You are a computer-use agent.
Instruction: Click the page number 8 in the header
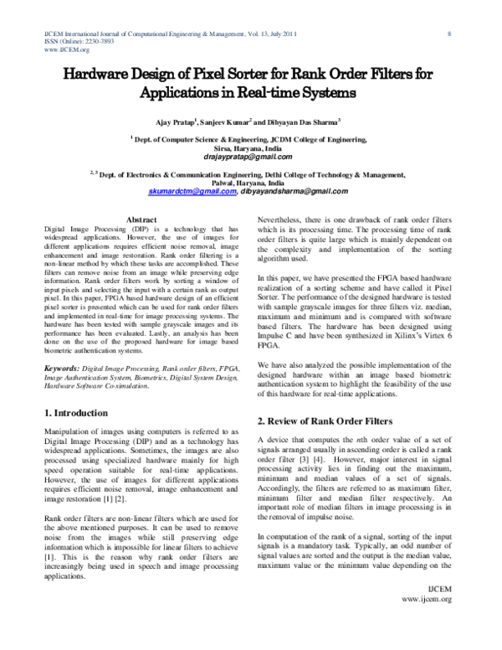(x=450, y=34)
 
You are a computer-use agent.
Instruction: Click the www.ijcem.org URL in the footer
(x=428, y=624)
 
